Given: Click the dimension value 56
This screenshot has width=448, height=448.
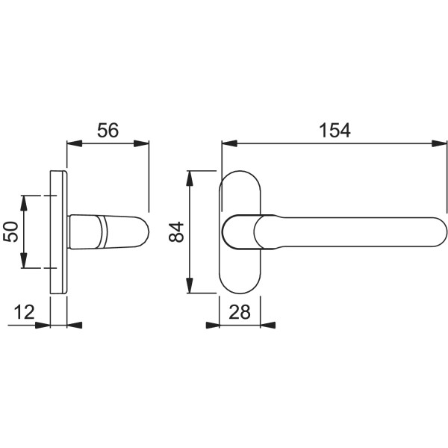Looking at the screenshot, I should click(108, 130).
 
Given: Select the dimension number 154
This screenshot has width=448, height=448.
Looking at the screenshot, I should click(334, 130).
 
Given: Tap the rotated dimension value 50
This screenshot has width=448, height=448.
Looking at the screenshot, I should click(11, 231).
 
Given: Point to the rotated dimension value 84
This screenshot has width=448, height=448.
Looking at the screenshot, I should click(176, 232).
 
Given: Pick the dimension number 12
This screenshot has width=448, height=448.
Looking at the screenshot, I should click(25, 311).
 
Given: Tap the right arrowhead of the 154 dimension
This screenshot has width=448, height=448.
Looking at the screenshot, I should click(441, 143).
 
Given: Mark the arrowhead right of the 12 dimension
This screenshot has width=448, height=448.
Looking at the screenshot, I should click(75, 325).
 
